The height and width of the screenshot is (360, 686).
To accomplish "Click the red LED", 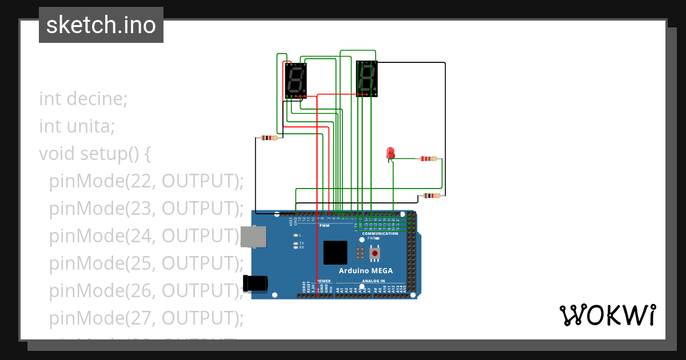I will [390, 153].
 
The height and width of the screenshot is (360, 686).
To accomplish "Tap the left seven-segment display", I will [296, 81].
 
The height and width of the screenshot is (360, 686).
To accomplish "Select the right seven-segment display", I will [366, 79].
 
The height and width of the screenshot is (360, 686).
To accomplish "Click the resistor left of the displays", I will [269, 138].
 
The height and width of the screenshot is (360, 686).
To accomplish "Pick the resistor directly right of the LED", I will [428, 159].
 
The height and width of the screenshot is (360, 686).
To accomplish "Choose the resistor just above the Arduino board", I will [431, 195].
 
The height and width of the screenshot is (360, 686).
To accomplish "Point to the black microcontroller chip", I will [335, 253].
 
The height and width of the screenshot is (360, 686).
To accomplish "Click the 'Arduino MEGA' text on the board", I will [365, 270].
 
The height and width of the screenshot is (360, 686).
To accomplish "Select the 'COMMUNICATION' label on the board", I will [380, 234].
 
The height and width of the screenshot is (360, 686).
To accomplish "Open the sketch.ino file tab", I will [101, 25].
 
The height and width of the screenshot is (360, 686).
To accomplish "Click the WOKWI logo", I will [607, 315].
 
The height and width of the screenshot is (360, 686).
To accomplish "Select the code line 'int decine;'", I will [83, 98].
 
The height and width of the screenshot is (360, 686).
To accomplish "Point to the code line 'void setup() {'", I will [94, 153].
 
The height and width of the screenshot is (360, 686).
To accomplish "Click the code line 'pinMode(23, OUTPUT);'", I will [146, 208].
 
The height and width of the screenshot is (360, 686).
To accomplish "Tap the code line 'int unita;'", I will [77, 126].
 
